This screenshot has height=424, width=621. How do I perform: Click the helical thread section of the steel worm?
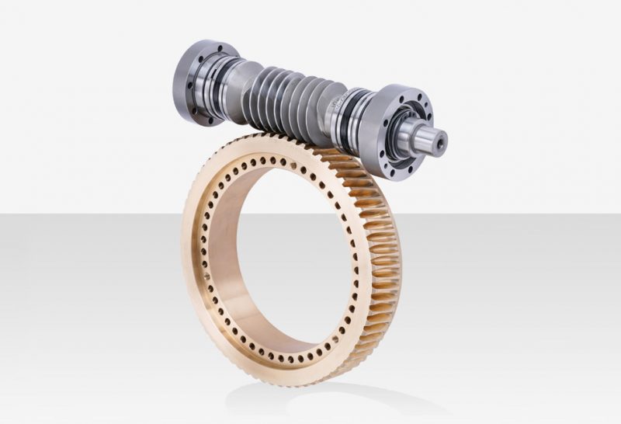[287, 101]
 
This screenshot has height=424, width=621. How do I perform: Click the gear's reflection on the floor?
[310, 400]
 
